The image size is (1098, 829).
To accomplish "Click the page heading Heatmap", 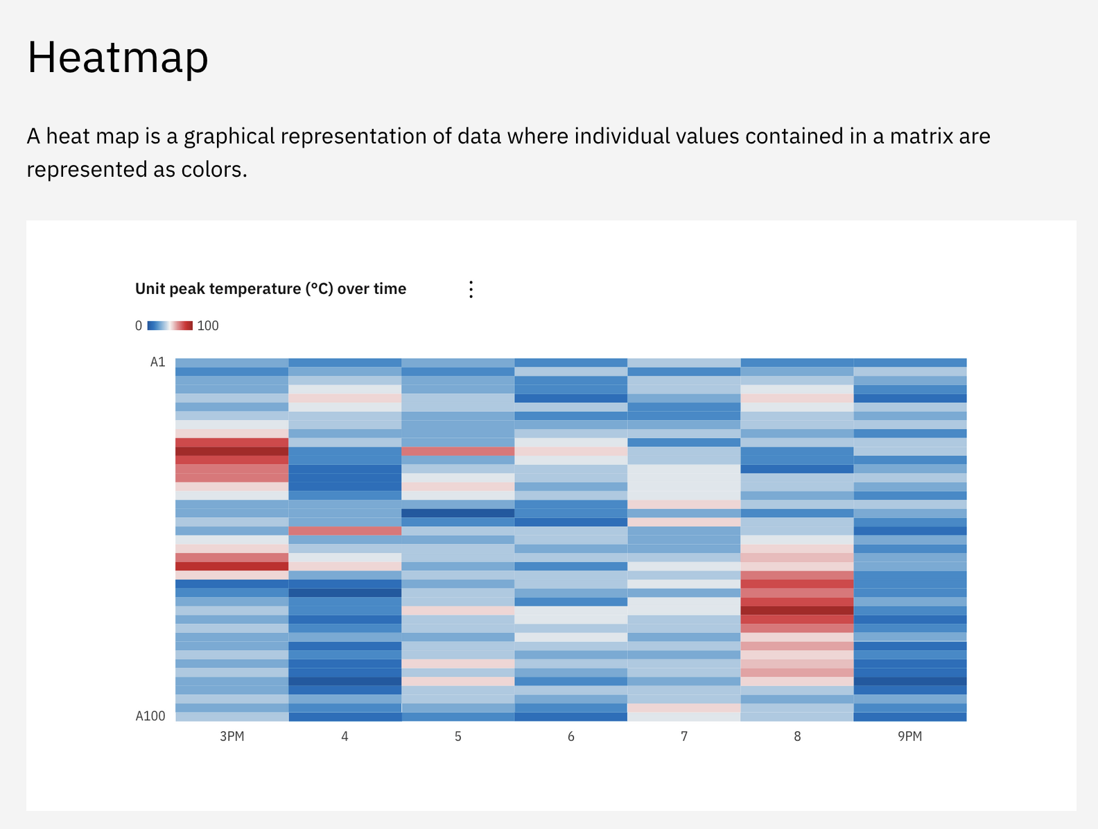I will point(117,58).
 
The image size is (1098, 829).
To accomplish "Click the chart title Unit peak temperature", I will point(270,289).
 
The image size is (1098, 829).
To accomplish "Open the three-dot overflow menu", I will point(471,290).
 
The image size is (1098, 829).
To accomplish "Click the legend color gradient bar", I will point(170,326).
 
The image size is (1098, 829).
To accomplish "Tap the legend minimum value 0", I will point(139,326).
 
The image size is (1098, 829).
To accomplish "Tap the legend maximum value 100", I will point(208,326).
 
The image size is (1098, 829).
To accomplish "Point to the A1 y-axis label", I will point(158,362).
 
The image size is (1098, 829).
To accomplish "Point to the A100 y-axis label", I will point(150,716).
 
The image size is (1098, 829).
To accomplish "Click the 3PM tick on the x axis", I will point(232,736).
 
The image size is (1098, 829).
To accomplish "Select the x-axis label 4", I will point(345,736).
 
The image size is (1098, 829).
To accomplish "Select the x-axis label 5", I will point(458,736).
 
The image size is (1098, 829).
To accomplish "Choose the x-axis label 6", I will point(571,736).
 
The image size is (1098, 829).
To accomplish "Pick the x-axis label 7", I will point(684,736).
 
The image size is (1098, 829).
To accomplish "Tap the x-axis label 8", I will point(797,736).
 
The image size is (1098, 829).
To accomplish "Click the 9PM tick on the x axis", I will point(910,736).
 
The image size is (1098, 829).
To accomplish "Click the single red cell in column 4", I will point(345,531).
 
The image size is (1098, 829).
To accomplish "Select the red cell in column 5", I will point(458,451).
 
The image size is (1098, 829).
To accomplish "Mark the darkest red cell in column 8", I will point(797,611).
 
